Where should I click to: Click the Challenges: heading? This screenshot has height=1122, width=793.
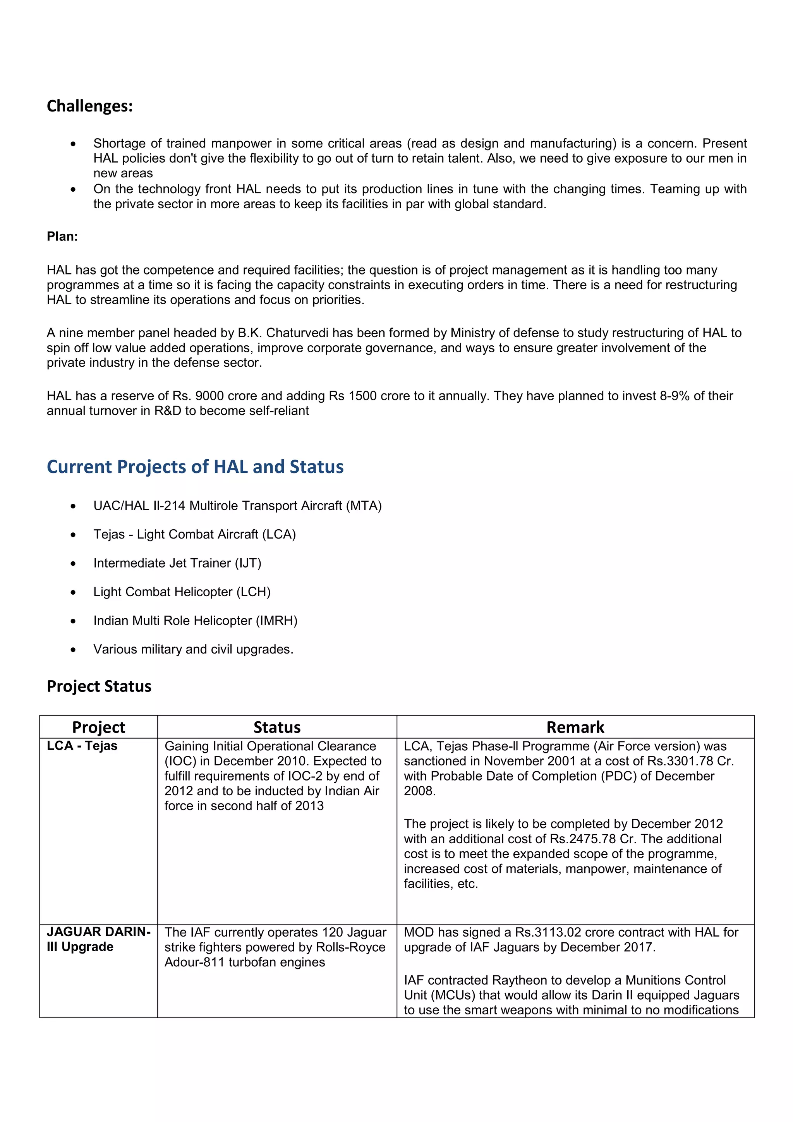pyautogui.click(x=89, y=106)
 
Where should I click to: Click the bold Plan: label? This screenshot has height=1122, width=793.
pyautogui.click(x=62, y=237)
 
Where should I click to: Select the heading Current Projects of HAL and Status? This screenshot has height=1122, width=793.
pyautogui.click(x=195, y=467)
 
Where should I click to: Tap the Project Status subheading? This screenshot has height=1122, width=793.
pyautogui.click(x=99, y=686)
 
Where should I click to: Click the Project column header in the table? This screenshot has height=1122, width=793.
pyautogui.click(x=98, y=727)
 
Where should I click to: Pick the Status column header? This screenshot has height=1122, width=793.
pyautogui.click(x=276, y=727)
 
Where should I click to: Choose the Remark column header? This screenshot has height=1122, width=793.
pyautogui.click(x=575, y=727)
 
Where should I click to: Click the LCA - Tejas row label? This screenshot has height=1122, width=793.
pyautogui.click(x=82, y=746)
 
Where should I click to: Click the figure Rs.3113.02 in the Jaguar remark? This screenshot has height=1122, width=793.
pyautogui.click(x=548, y=932)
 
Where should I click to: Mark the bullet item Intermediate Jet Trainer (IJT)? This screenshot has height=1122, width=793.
pyautogui.click(x=177, y=563)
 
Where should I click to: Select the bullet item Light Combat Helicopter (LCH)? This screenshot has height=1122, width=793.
pyautogui.click(x=182, y=592)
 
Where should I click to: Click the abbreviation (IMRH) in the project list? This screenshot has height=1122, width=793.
pyautogui.click(x=276, y=621)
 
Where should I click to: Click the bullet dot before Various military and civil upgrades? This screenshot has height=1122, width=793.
pyautogui.click(x=73, y=650)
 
